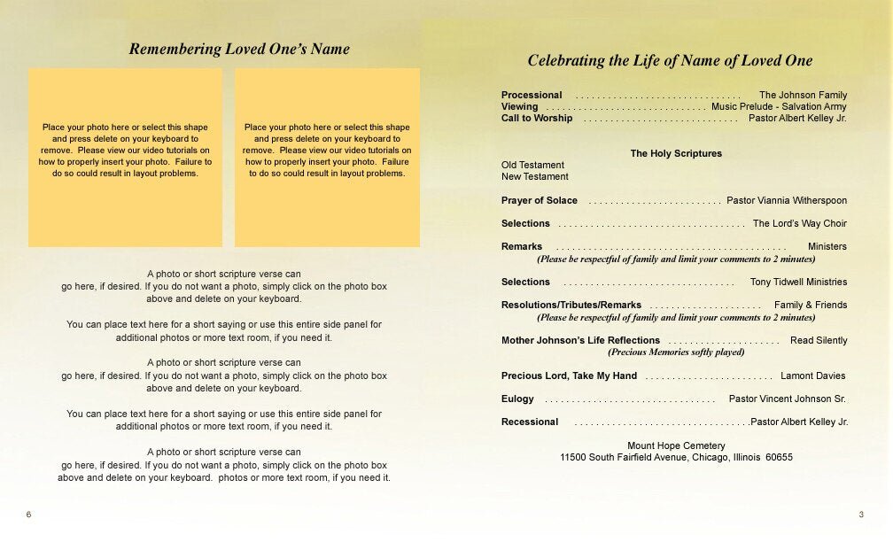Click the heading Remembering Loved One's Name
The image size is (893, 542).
239,50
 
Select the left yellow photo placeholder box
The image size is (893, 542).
125,157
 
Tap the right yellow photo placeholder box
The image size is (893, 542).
327,157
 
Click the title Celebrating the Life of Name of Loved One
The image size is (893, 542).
670,61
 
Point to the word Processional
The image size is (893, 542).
532,95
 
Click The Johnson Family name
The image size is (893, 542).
803,95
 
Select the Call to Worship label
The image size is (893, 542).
537,118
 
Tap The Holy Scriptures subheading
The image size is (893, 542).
676,153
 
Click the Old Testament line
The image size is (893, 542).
532,165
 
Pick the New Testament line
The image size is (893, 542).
535,176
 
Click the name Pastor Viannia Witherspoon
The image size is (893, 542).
787,200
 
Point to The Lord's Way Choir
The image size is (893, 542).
800,223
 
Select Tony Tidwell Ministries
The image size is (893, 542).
798,282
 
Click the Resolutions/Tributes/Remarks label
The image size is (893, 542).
571,305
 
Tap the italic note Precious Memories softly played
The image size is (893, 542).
676,352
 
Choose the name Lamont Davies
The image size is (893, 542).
813,376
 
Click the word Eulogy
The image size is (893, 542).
517,399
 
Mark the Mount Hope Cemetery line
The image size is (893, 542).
676,445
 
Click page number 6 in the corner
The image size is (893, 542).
28,515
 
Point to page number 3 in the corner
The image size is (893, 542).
861,515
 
